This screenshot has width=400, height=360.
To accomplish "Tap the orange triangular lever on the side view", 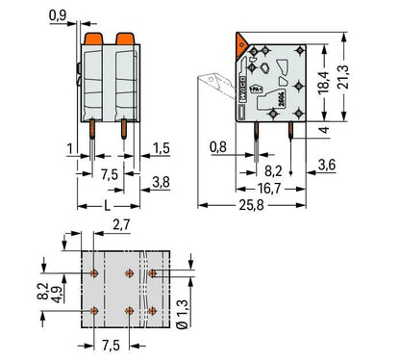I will pos(240,42).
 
